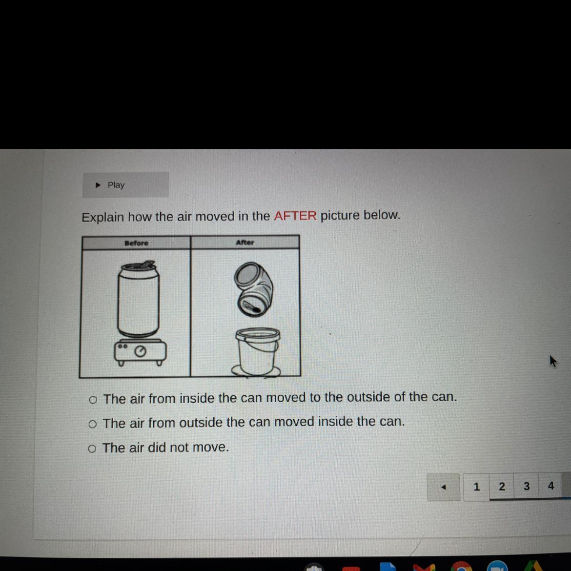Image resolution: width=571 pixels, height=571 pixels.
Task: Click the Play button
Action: pos(125,185)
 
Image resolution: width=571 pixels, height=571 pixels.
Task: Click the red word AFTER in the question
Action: pos(295,216)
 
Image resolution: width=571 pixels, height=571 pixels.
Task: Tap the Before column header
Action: pos(137,243)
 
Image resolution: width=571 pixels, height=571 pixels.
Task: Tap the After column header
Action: pos(245,243)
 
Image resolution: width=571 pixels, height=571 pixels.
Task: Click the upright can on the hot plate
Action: pos(139,299)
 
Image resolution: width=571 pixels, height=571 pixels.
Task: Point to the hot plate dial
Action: pos(140,351)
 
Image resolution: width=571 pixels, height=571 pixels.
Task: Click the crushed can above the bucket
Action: pos(254,289)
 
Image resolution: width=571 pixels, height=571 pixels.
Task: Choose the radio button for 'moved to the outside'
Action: pos(93,400)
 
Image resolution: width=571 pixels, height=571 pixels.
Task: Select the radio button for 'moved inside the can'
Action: pos(93,424)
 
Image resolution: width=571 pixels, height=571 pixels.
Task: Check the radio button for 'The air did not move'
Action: pos(92,449)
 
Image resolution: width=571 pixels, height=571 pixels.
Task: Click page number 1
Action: pos(476,487)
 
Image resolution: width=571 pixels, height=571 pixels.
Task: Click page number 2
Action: pos(502,487)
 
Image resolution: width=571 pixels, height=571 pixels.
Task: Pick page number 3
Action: pos(526,486)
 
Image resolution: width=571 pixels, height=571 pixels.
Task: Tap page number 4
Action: pos(551,486)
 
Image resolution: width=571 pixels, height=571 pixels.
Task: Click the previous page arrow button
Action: pos(444,487)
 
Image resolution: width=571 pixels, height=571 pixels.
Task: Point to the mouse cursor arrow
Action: pos(553,361)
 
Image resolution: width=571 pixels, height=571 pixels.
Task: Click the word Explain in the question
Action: pos(102,217)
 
